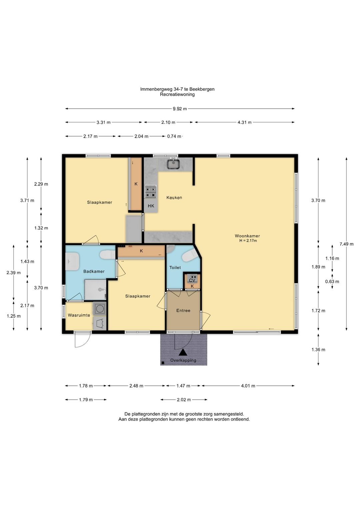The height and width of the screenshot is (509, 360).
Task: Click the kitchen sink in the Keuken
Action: pyautogui.click(x=174, y=164)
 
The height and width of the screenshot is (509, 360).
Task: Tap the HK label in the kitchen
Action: pyautogui.click(x=151, y=206)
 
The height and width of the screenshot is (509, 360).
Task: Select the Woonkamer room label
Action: pyautogui.click(x=247, y=236)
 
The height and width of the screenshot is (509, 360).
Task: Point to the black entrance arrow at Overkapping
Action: pyautogui.click(x=183, y=353)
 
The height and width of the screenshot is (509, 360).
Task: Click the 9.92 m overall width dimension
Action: pyautogui.click(x=180, y=109)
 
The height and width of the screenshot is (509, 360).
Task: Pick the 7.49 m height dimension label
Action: pyautogui.click(x=347, y=244)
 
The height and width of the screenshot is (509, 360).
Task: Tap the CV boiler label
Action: pyautogui.click(x=192, y=281)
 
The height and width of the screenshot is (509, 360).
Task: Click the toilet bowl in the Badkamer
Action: pyautogui.click(x=108, y=255)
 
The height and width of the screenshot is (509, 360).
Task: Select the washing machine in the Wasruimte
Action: pyautogui.click(x=99, y=309)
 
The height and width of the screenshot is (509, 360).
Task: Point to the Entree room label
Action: pyautogui.click(x=183, y=311)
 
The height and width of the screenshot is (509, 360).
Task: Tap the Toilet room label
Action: pyautogui.click(x=175, y=268)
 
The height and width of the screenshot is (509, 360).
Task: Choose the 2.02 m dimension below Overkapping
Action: pyautogui.click(x=184, y=400)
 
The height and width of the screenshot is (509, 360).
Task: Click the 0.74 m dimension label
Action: pyautogui.click(x=174, y=136)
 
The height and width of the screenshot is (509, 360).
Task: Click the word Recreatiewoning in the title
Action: pyautogui.click(x=177, y=94)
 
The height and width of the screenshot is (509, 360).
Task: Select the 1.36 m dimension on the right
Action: pyautogui.click(x=318, y=350)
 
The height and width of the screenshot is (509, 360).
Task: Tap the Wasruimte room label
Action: pyautogui.click(x=79, y=315)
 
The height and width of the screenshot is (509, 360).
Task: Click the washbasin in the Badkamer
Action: pyautogui.click(x=72, y=262)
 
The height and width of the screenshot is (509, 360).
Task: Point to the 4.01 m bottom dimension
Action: pyautogui.click(x=248, y=386)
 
